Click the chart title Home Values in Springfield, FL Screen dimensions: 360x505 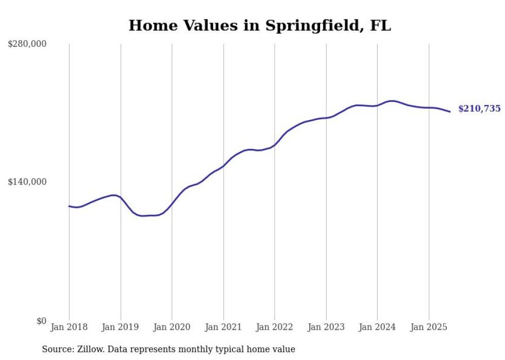(260, 25)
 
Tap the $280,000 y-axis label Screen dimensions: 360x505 (27, 44)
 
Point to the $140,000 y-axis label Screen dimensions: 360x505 (27, 182)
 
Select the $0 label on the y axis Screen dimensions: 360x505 (41, 321)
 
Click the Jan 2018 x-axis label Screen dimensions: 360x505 (69, 327)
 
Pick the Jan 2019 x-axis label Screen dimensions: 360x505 (121, 327)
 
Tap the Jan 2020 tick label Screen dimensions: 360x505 (172, 327)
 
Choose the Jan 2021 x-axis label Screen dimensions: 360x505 (223, 327)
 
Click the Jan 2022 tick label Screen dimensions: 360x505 (275, 327)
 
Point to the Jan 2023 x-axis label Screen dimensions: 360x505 (326, 327)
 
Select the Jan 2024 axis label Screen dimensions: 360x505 (377, 327)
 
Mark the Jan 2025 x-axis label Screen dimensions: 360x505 (429, 327)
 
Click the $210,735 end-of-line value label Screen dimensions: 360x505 (479, 109)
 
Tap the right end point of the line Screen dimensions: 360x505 (450, 112)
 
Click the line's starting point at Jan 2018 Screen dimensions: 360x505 (69, 206)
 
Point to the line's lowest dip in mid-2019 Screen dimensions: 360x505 (143, 216)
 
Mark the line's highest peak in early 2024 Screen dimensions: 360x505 (392, 101)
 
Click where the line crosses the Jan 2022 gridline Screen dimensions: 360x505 (275, 145)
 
